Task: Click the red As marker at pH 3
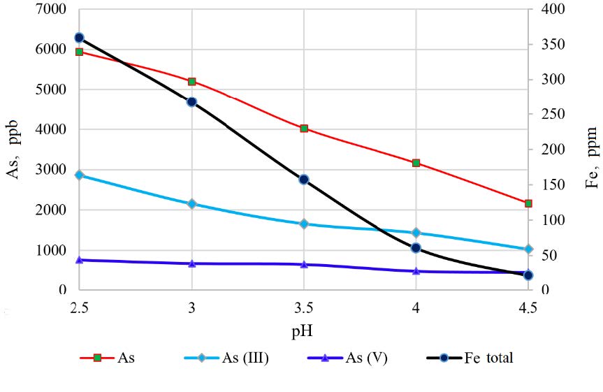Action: point(191,82)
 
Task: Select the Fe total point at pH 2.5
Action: point(79,38)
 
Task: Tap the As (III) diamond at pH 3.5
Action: point(304,224)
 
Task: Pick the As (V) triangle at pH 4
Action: point(416,270)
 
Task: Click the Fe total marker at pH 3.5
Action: point(304,180)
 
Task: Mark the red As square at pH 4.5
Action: point(528,203)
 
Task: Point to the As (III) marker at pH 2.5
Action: point(79,175)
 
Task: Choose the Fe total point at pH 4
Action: point(416,248)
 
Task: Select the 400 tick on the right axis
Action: point(552,10)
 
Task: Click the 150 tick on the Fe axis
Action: point(552,184)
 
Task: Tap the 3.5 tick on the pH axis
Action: point(304,307)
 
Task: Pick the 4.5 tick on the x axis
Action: point(528,307)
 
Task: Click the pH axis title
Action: point(304,327)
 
